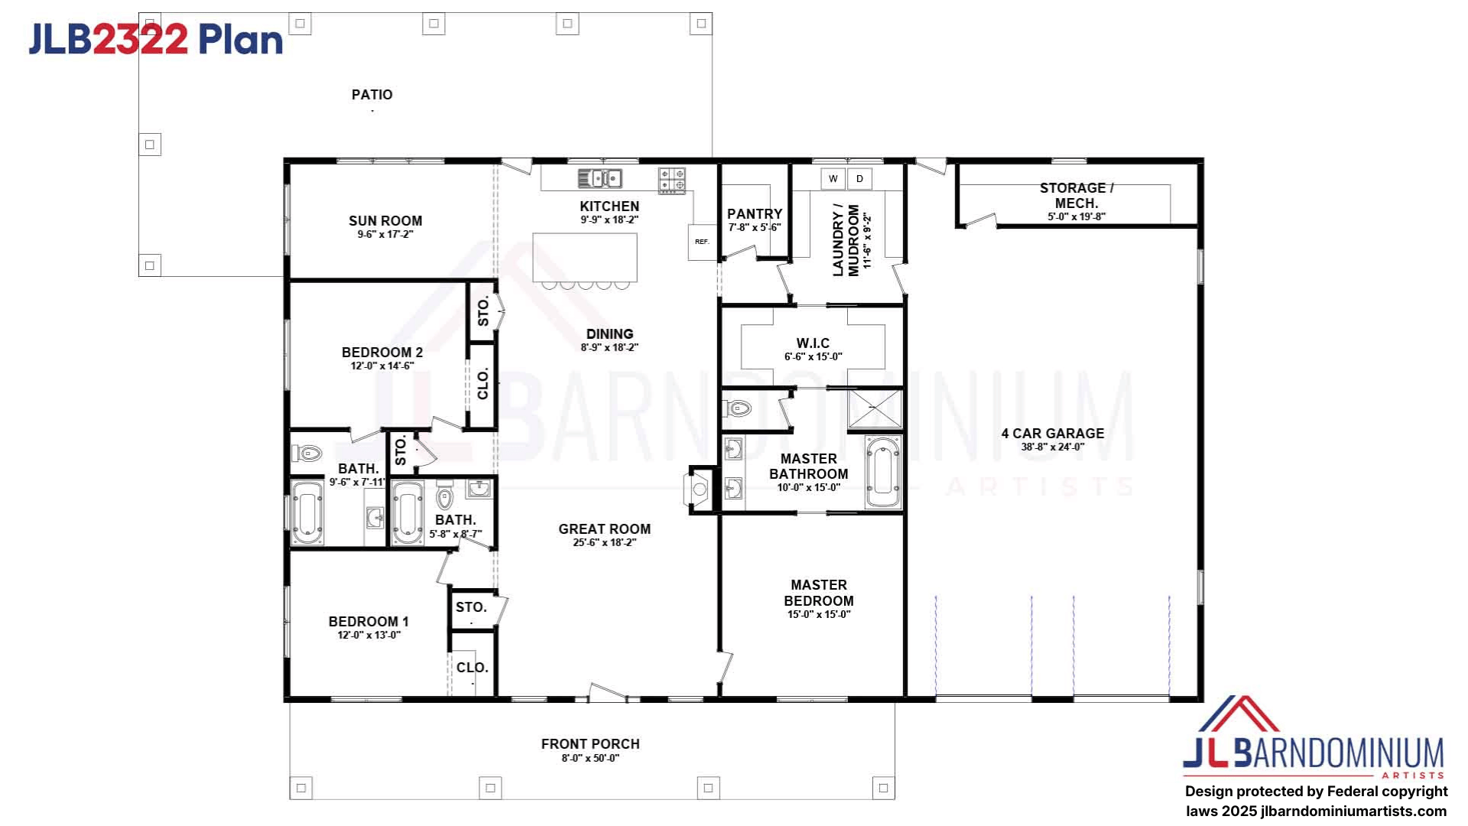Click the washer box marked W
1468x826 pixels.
point(833,179)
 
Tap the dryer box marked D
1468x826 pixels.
point(859,179)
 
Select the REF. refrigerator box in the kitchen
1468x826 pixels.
point(702,242)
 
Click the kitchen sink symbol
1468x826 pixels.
point(599,178)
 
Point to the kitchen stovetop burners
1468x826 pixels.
point(672,180)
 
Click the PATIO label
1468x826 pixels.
point(372,95)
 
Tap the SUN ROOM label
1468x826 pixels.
point(385,221)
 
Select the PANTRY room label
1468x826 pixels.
point(755,214)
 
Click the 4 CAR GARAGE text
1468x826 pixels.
point(1053,434)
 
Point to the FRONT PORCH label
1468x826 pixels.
point(590,744)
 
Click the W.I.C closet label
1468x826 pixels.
point(813,343)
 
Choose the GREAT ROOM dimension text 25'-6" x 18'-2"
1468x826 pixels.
point(605,543)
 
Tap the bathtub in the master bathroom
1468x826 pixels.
point(883,473)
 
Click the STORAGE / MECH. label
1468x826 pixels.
point(1077,196)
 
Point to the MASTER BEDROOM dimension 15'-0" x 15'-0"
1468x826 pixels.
point(819,614)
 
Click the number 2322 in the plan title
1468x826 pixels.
point(140,39)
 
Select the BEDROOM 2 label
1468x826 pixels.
point(382,353)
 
